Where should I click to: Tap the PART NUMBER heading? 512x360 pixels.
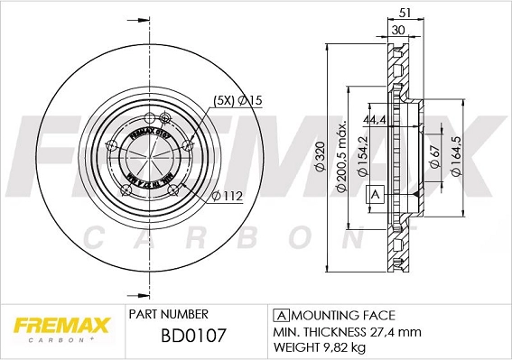click(169, 314)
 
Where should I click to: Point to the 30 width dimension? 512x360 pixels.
click(398, 31)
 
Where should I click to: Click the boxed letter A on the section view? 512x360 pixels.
click(374, 194)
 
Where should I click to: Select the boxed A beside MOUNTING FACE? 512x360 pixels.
click(280, 315)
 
